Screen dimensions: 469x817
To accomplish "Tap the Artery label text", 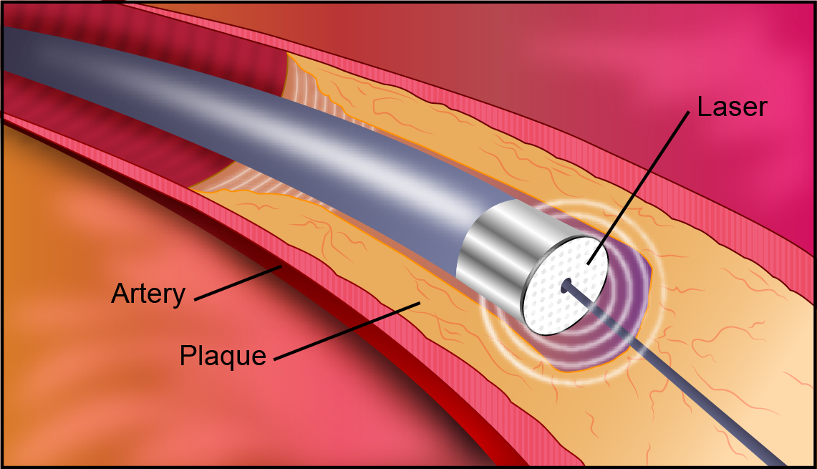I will click(x=148, y=294).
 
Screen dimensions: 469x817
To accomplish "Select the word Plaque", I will click(x=223, y=355).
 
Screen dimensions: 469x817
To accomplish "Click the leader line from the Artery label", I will click(x=236, y=282).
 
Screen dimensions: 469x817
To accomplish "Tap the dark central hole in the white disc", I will click(x=566, y=285).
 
